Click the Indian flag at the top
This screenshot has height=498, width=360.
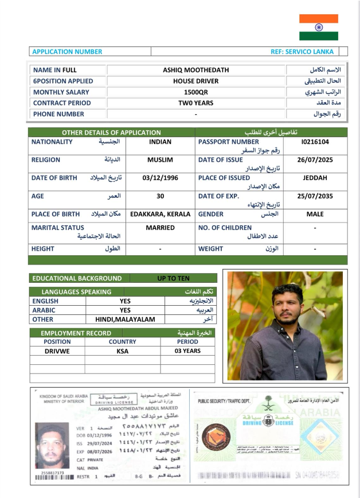(x=319, y=27)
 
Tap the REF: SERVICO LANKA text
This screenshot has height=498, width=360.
(x=302, y=52)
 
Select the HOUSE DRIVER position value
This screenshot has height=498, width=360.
(x=195, y=81)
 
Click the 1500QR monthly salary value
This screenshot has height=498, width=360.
(x=195, y=92)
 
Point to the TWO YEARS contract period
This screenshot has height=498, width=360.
(x=195, y=103)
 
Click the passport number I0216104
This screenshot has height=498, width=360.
(x=315, y=142)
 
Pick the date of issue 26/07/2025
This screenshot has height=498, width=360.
(x=315, y=160)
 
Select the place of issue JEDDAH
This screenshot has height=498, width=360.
(x=315, y=178)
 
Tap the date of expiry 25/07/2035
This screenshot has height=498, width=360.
(x=315, y=196)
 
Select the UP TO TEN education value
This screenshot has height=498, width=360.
(x=173, y=278)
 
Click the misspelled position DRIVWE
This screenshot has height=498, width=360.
(x=57, y=351)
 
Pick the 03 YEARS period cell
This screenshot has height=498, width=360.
(x=187, y=351)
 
